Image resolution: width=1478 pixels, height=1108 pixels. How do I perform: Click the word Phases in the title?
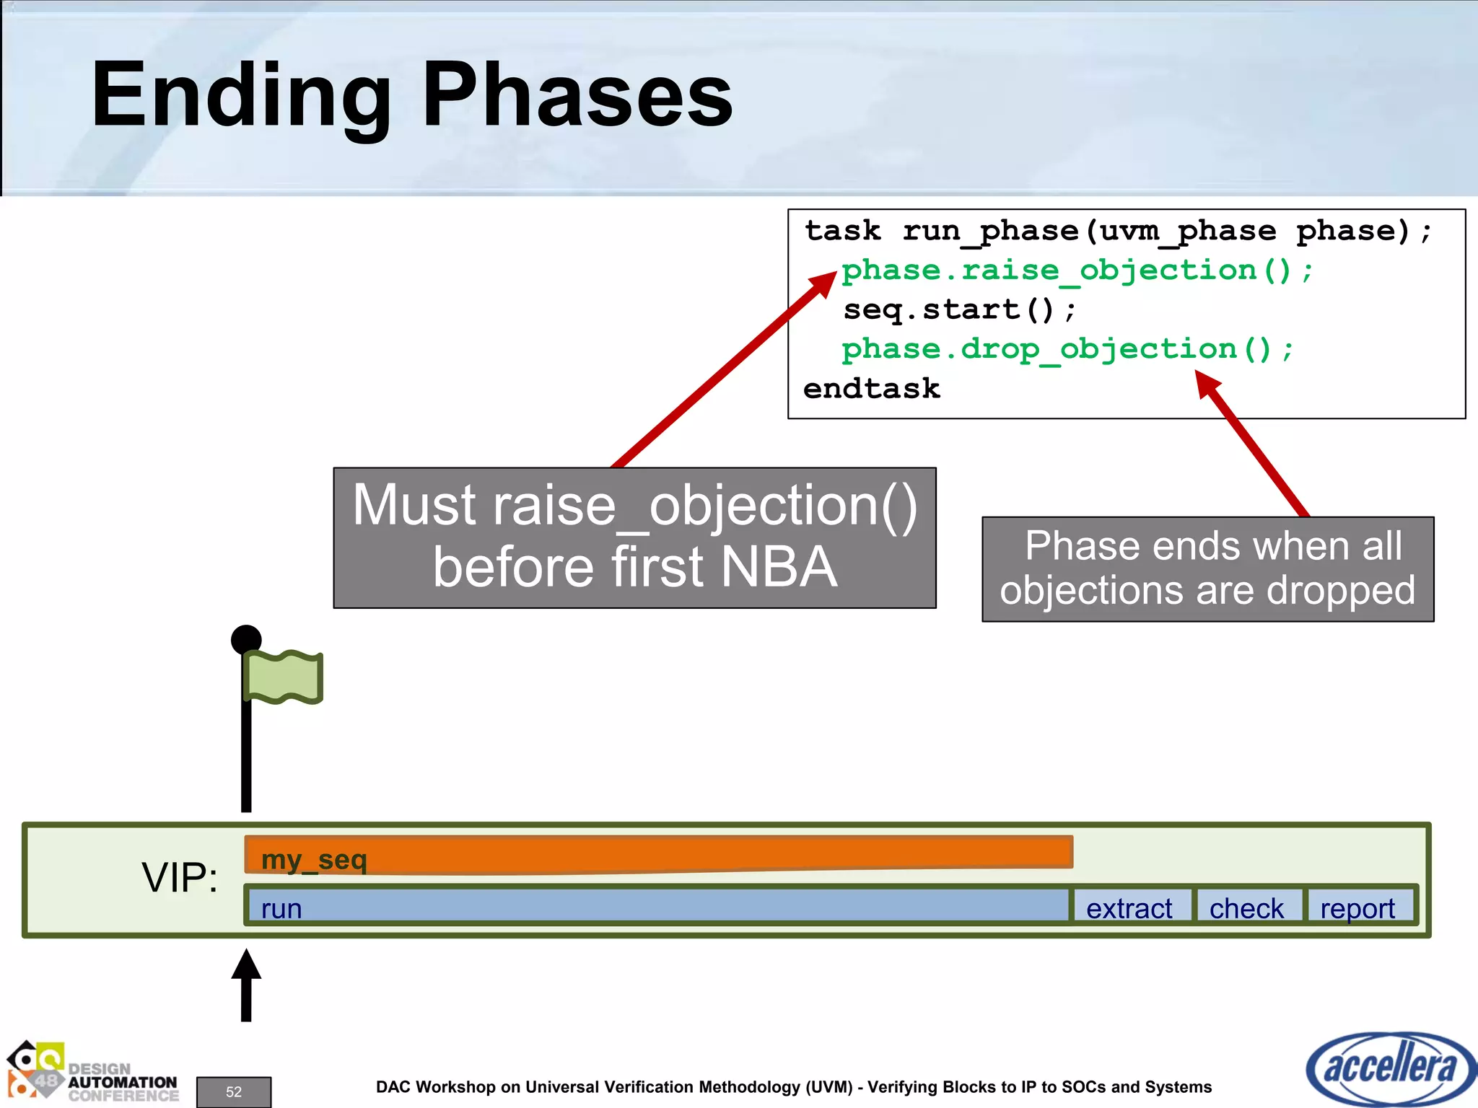pyautogui.click(x=577, y=96)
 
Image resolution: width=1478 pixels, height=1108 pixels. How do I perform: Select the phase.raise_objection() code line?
pyautogui.click(x=1077, y=271)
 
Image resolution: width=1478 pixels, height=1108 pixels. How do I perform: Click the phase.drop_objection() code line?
pyautogui.click(x=1067, y=350)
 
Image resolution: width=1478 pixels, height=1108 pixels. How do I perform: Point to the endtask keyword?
pyautogui.click(x=872, y=389)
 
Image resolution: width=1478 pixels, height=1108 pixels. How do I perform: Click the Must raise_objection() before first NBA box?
pyautogui.click(x=634, y=537)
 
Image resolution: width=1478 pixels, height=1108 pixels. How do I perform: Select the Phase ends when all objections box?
pyautogui.click(x=1207, y=569)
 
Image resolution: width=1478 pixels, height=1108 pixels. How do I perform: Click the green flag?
pyautogui.click(x=284, y=677)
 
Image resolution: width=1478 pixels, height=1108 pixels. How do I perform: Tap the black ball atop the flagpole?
pyautogui.click(x=246, y=639)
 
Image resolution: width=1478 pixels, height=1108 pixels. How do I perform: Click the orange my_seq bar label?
pyautogui.click(x=314, y=860)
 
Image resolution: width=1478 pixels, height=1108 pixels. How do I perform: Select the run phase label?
pyautogui.click(x=281, y=908)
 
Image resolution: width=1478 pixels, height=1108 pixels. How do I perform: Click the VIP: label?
pyautogui.click(x=180, y=878)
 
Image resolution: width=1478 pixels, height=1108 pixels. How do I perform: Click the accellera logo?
pyautogui.click(x=1389, y=1068)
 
